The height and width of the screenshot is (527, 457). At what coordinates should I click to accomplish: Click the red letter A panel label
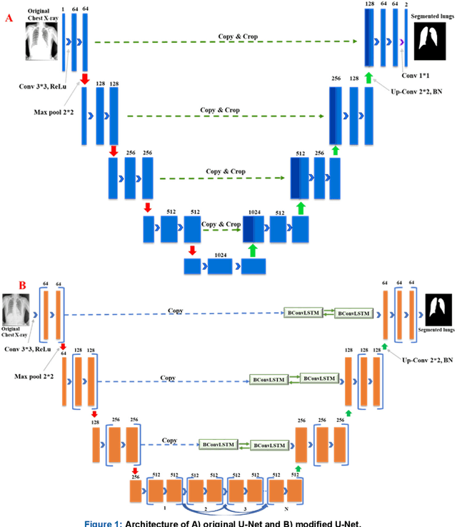click(9, 19)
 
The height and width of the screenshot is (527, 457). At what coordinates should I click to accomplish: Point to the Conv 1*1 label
click(416, 75)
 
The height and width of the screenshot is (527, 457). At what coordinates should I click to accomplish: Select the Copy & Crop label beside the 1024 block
click(219, 224)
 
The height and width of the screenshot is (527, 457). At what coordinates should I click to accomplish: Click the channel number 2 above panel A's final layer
click(407, 4)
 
